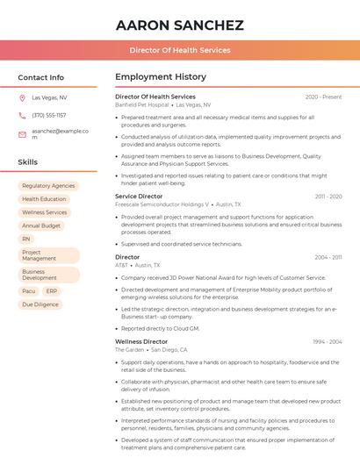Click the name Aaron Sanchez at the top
pos(180,25)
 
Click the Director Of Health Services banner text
pos(180,50)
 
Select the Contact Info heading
pos(40,77)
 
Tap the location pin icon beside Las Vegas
pos(22,98)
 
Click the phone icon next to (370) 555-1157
pos(22,116)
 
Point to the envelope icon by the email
pos(22,134)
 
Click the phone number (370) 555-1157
pos(49,116)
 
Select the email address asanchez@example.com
pos(61,134)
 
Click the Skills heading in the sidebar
pos(27,162)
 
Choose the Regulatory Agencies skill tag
pos(48,186)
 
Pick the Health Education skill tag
pos(44,199)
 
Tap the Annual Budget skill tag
pos(41,225)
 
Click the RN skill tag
pos(26,239)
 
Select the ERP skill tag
pos(52,291)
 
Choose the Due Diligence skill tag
pos(40,304)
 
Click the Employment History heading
pos(161,77)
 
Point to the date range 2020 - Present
pos(323,97)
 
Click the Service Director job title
pos(139,197)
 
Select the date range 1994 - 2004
pos(327,341)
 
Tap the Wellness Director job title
pos(141,341)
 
